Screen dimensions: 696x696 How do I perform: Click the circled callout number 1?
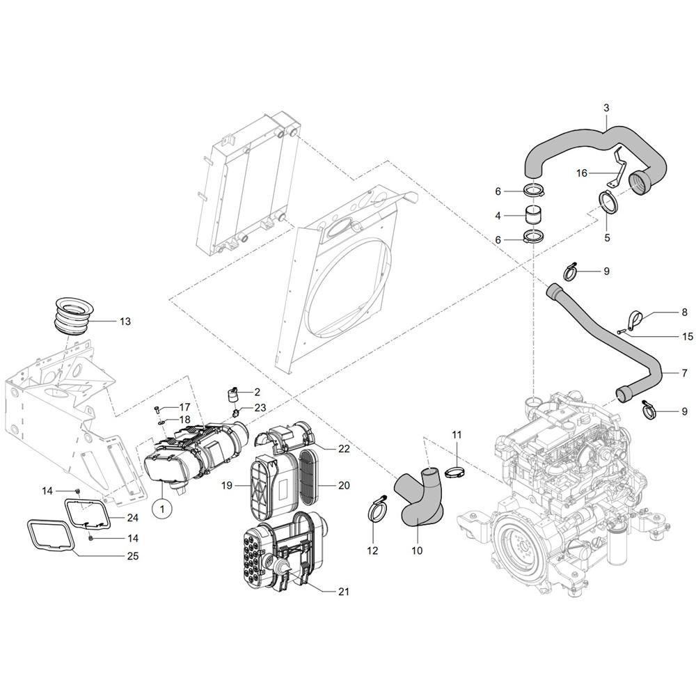click(162, 509)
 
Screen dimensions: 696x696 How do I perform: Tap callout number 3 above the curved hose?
click(606, 108)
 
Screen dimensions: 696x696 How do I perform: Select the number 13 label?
click(125, 321)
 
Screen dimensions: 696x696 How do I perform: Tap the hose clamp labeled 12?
click(377, 509)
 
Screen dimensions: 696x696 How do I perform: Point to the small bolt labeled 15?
click(622, 331)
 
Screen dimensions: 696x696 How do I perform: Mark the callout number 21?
click(344, 592)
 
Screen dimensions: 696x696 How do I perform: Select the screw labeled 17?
click(157, 409)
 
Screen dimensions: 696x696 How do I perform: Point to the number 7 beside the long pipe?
click(684, 373)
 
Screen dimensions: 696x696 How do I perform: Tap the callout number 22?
click(344, 449)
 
